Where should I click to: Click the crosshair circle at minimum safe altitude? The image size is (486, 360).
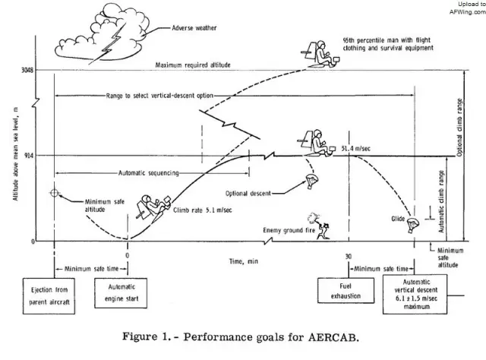54,192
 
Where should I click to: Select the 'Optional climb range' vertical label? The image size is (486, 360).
471,122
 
